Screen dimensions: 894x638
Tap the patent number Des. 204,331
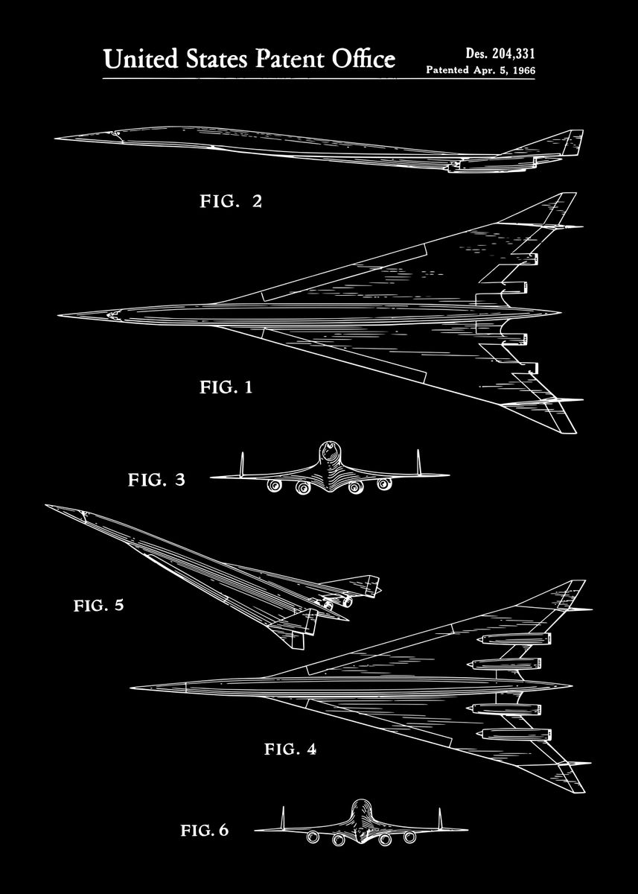coord(500,53)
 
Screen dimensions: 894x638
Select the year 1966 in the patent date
coord(521,70)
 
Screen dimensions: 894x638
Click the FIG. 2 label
coord(231,201)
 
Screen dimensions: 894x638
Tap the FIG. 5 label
coord(98,605)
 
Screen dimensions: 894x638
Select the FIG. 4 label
coord(290,749)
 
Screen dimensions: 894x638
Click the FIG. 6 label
coord(205,830)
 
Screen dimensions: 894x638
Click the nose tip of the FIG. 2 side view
coord(57,138)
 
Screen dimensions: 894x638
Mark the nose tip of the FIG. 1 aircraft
coord(60,314)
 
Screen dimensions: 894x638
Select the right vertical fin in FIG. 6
coord(440,818)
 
